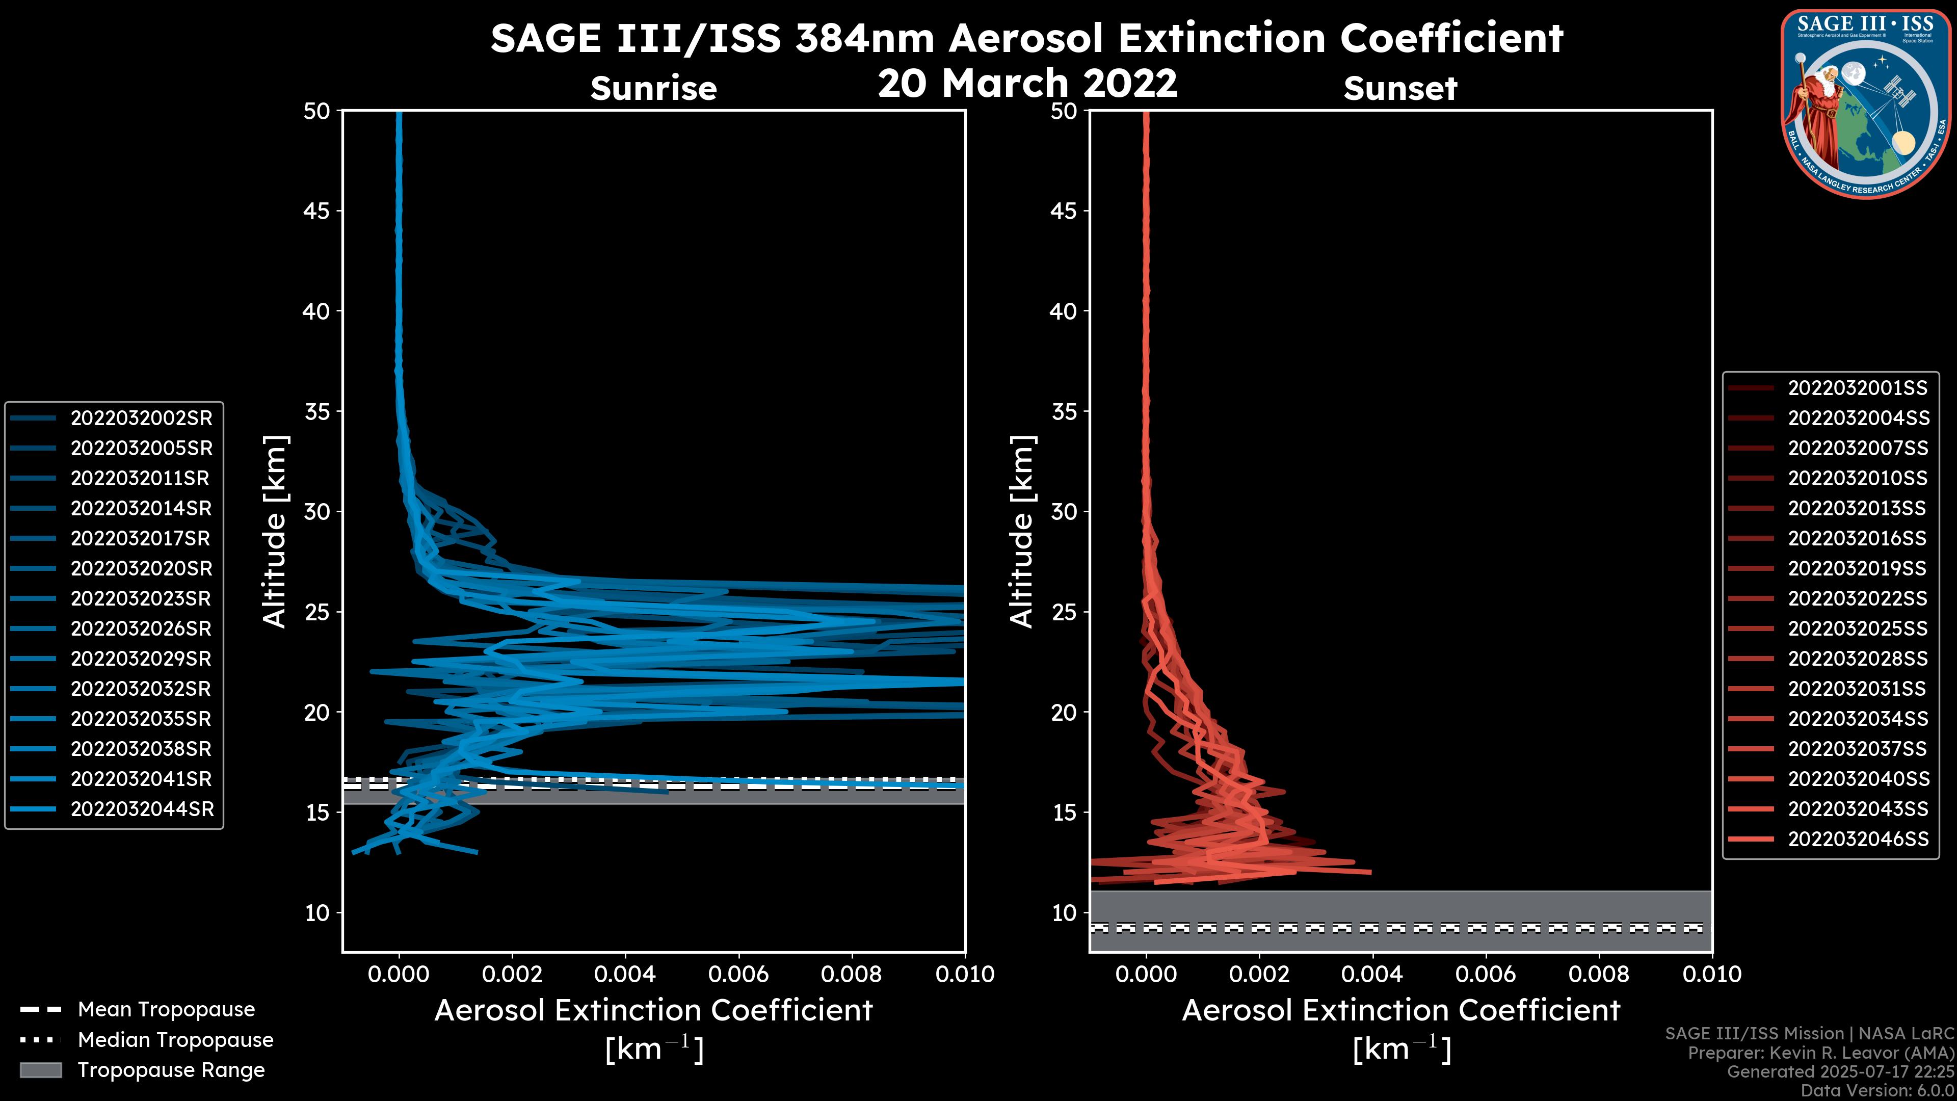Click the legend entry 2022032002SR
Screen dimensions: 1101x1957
pos(141,418)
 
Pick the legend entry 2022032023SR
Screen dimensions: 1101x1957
pos(141,599)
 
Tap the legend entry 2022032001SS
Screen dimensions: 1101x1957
pos(1858,388)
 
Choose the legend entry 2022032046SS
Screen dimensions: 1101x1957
pos(1858,839)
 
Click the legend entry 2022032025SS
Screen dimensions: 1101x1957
pos(1858,628)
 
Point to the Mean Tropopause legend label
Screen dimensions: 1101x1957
pos(166,1009)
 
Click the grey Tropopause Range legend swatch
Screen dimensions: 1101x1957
pos(40,1070)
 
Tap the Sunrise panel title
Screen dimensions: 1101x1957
pos(653,89)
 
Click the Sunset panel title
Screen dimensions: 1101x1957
pos(1400,89)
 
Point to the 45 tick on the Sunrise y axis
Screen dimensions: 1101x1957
pos(318,211)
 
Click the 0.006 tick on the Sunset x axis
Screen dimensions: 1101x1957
pos(1486,974)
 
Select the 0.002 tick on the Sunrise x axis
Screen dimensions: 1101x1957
pos(512,974)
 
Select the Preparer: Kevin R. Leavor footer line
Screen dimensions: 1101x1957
pos(1820,1053)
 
